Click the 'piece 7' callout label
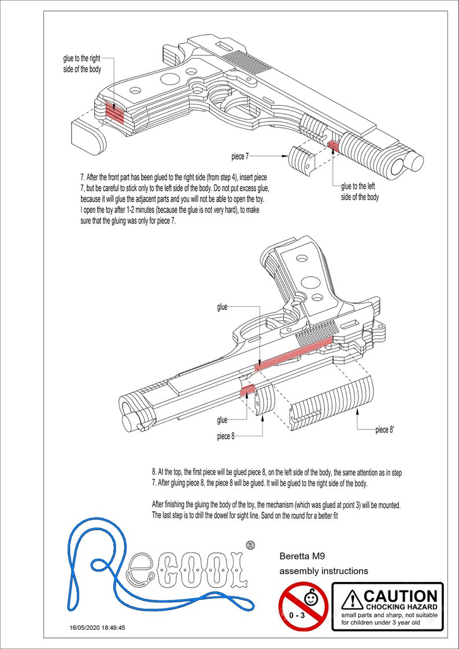click(x=240, y=156)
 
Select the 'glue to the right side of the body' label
click(x=83, y=64)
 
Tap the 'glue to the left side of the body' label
click(x=360, y=191)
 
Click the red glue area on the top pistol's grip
click(x=114, y=112)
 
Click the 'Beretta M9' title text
click(x=301, y=557)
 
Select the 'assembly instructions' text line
click(x=324, y=571)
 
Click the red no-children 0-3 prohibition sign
click(x=303, y=606)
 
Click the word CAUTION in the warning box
click(x=400, y=596)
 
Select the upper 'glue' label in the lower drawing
click(x=222, y=307)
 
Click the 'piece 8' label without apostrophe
click(x=225, y=436)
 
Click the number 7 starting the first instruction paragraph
click(x=82, y=176)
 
